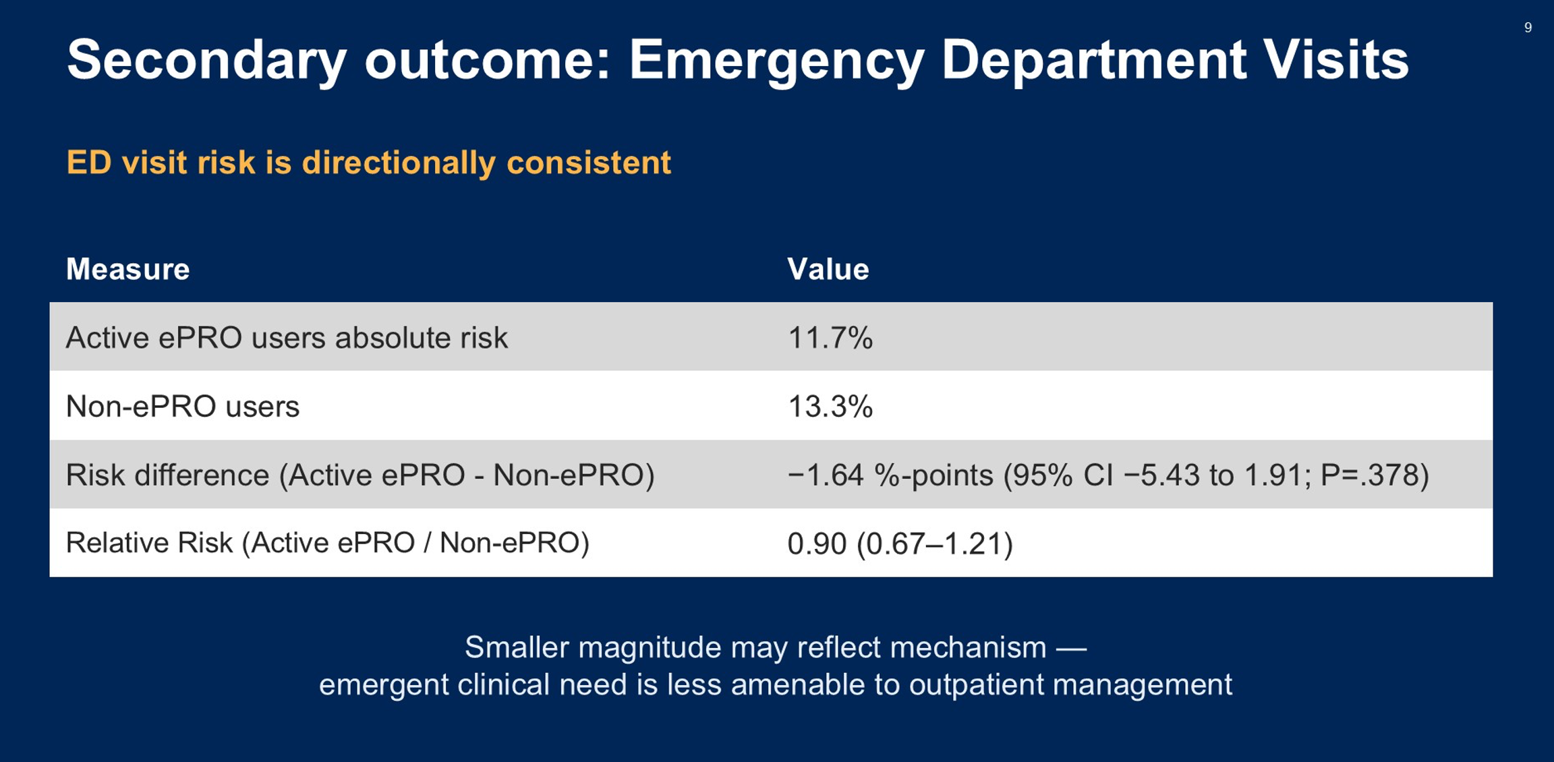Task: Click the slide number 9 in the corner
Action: coord(1528,28)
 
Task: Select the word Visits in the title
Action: coord(1335,59)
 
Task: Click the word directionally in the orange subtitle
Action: coord(399,163)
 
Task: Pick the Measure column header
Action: coord(127,269)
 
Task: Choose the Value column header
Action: coord(828,269)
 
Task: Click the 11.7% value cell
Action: coord(830,338)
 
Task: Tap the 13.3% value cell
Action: coord(830,407)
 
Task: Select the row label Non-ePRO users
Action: coord(183,407)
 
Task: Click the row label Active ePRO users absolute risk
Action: coord(287,338)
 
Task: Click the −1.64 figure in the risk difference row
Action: coord(826,475)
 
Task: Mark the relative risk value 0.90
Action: coord(817,544)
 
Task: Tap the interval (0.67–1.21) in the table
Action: coord(935,544)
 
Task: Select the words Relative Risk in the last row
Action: coord(149,543)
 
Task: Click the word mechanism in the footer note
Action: coord(969,648)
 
